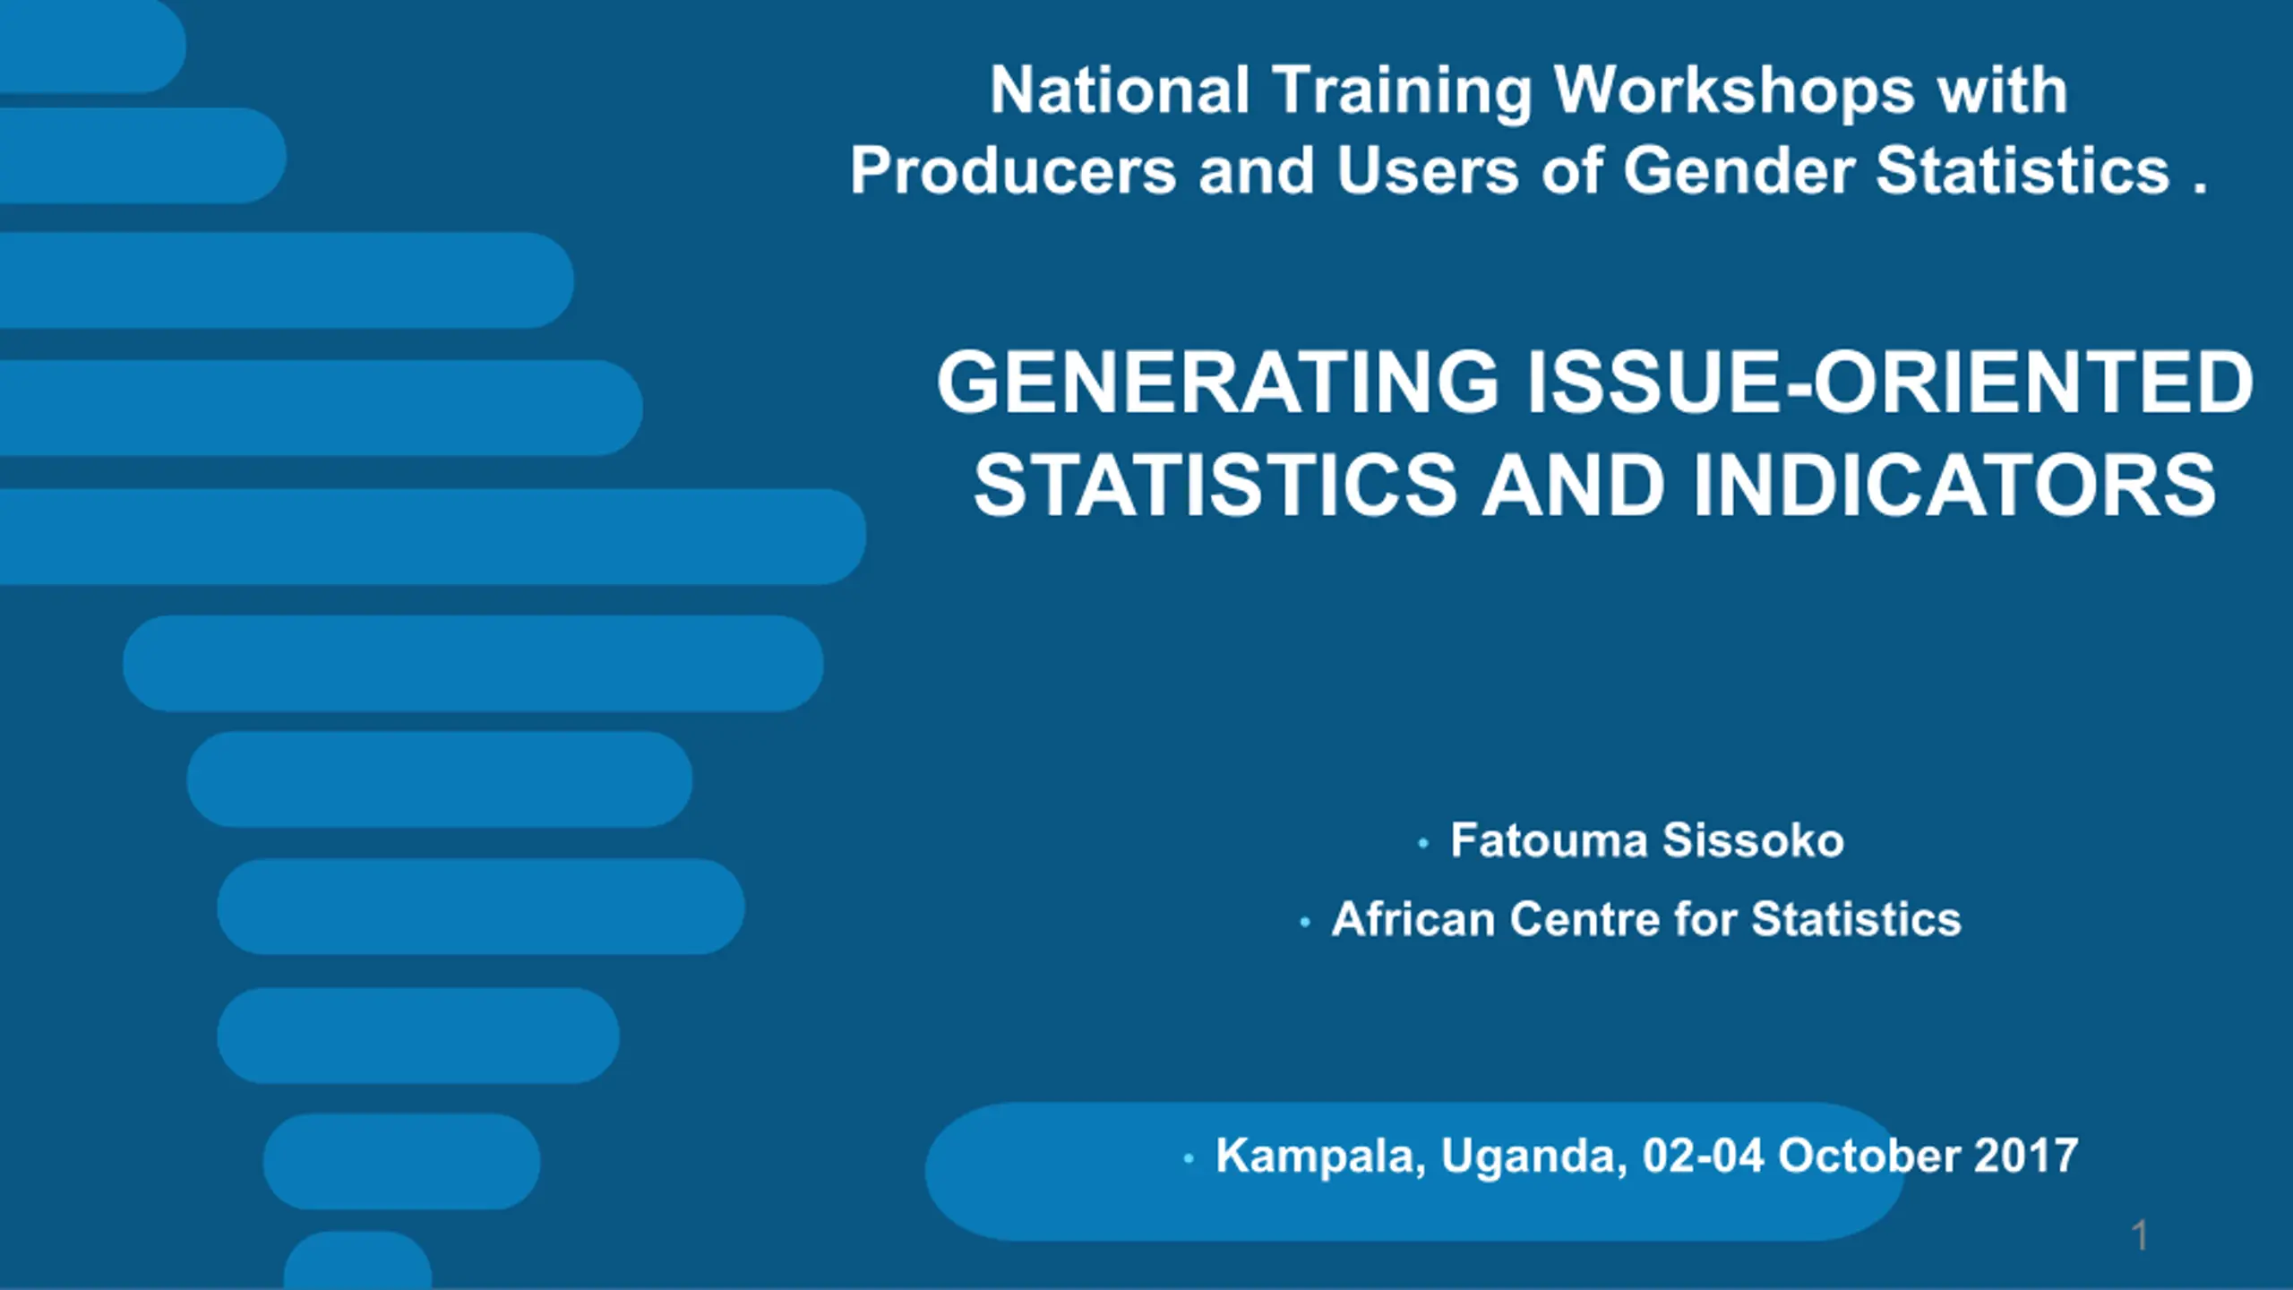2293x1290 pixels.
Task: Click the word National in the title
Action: click(x=1119, y=90)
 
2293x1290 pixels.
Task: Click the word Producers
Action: click(x=1012, y=171)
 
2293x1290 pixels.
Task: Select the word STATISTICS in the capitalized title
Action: click(x=1215, y=485)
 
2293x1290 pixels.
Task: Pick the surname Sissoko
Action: click(x=1753, y=840)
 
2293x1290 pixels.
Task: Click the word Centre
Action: click(x=1584, y=919)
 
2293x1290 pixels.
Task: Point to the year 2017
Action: click(x=2026, y=1156)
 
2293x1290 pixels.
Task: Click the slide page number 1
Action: click(x=2140, y=1236)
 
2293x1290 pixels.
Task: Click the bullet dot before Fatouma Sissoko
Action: click(x=1422, y=843)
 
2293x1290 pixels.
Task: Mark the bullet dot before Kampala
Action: click(x=1189, y=1159)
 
